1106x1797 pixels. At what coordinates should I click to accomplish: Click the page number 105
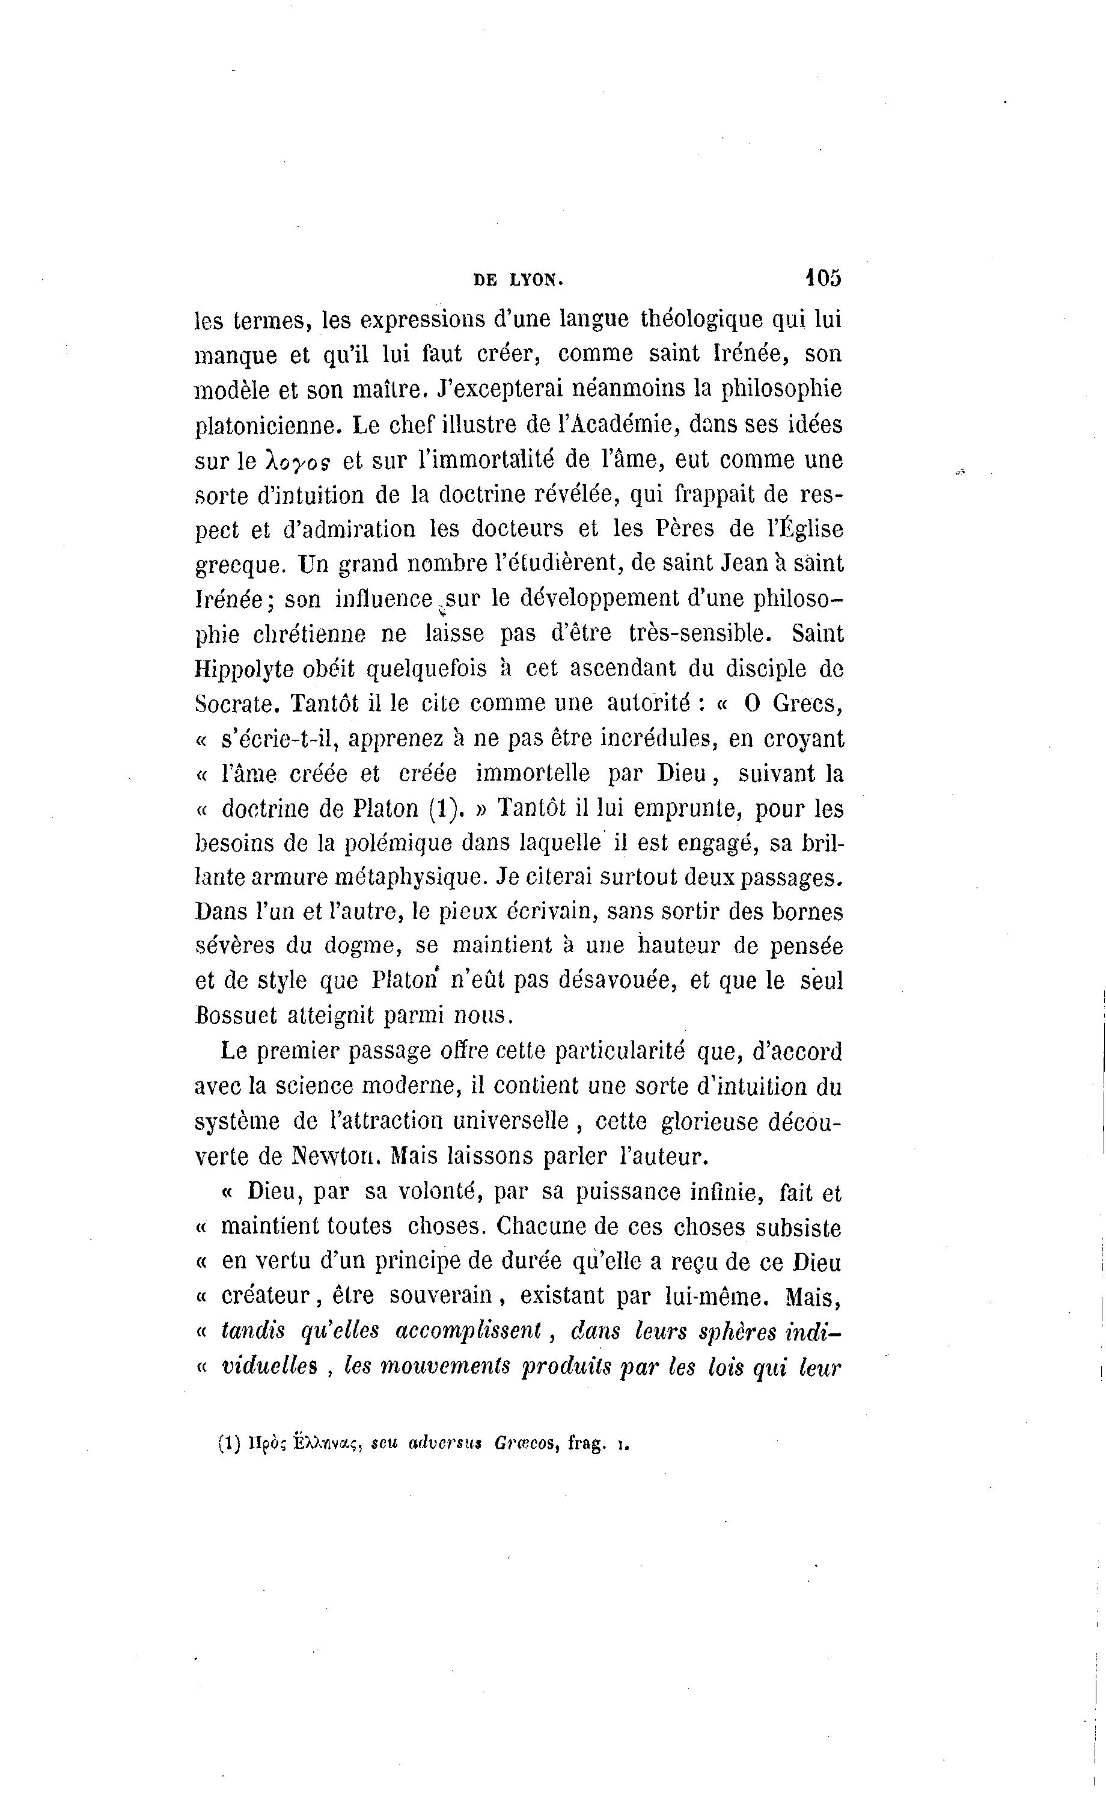[823, 279]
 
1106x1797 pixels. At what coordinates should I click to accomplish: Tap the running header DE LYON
[519, 280]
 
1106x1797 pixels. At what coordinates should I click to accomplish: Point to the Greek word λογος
[292, 461]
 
